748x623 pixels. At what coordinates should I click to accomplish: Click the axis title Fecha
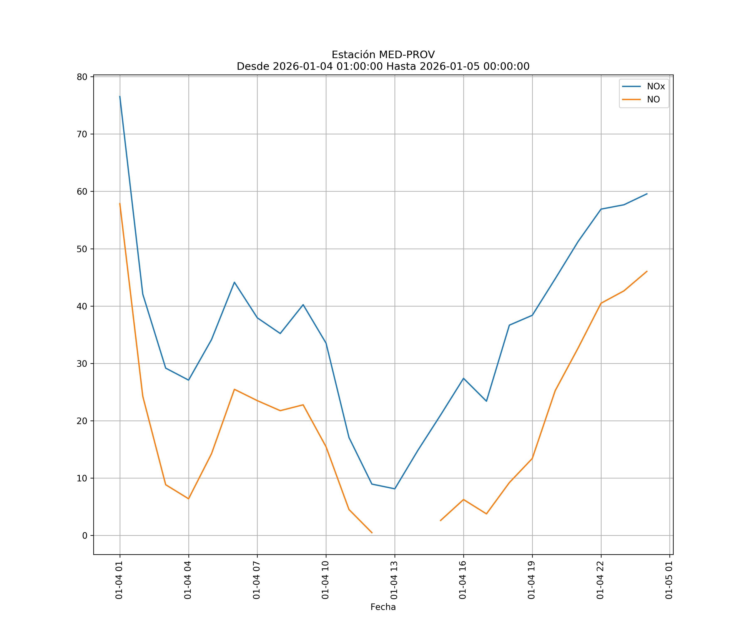[383, 607]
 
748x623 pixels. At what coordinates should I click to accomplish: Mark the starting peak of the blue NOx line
[120, 96]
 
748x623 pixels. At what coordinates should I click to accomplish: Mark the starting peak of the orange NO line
[120, 203]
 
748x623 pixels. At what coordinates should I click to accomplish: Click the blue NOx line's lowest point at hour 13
[395, 489]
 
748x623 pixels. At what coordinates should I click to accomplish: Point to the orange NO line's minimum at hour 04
[188, 499]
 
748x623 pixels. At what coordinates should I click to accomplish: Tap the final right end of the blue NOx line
[647, 194]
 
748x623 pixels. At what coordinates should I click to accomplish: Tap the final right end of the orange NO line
[647, 271]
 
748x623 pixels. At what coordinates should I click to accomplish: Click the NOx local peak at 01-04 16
[463, 378]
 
